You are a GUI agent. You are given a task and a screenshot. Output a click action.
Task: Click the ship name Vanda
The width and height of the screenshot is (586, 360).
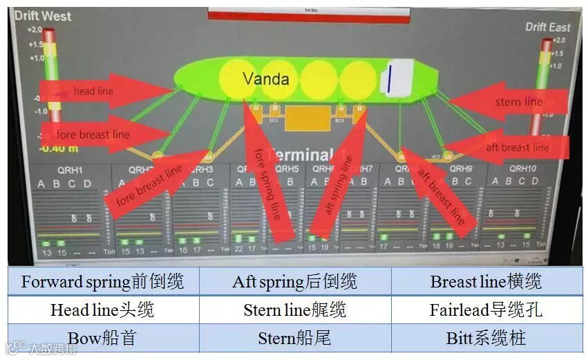[265, 79]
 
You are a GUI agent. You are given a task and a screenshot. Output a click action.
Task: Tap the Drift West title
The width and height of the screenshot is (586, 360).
[43, 16]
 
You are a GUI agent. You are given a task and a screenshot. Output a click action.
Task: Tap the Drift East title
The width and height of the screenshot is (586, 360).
[547, 27]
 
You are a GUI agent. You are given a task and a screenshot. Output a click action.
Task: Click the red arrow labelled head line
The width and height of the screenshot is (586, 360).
[97, 91]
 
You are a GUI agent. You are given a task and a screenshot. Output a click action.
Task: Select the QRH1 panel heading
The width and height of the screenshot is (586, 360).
[68, 170]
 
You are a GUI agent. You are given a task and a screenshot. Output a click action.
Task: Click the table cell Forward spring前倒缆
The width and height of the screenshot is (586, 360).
[103, 281]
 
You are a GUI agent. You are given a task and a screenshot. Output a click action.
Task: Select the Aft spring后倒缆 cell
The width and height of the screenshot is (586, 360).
[295, 281]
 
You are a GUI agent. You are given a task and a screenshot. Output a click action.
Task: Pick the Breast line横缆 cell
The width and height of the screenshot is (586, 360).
[486, 281]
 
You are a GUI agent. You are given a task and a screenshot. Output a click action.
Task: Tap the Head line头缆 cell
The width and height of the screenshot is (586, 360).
[103, 310]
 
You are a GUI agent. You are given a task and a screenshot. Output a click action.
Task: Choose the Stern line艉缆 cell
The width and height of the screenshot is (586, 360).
[295, 310]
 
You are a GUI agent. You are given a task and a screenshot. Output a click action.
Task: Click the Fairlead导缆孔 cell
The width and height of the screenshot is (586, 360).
[486, 310]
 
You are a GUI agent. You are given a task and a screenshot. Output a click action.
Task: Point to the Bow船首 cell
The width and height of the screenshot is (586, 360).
[103, 338]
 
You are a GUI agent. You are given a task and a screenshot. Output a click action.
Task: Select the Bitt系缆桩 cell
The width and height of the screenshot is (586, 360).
[486, 338]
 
